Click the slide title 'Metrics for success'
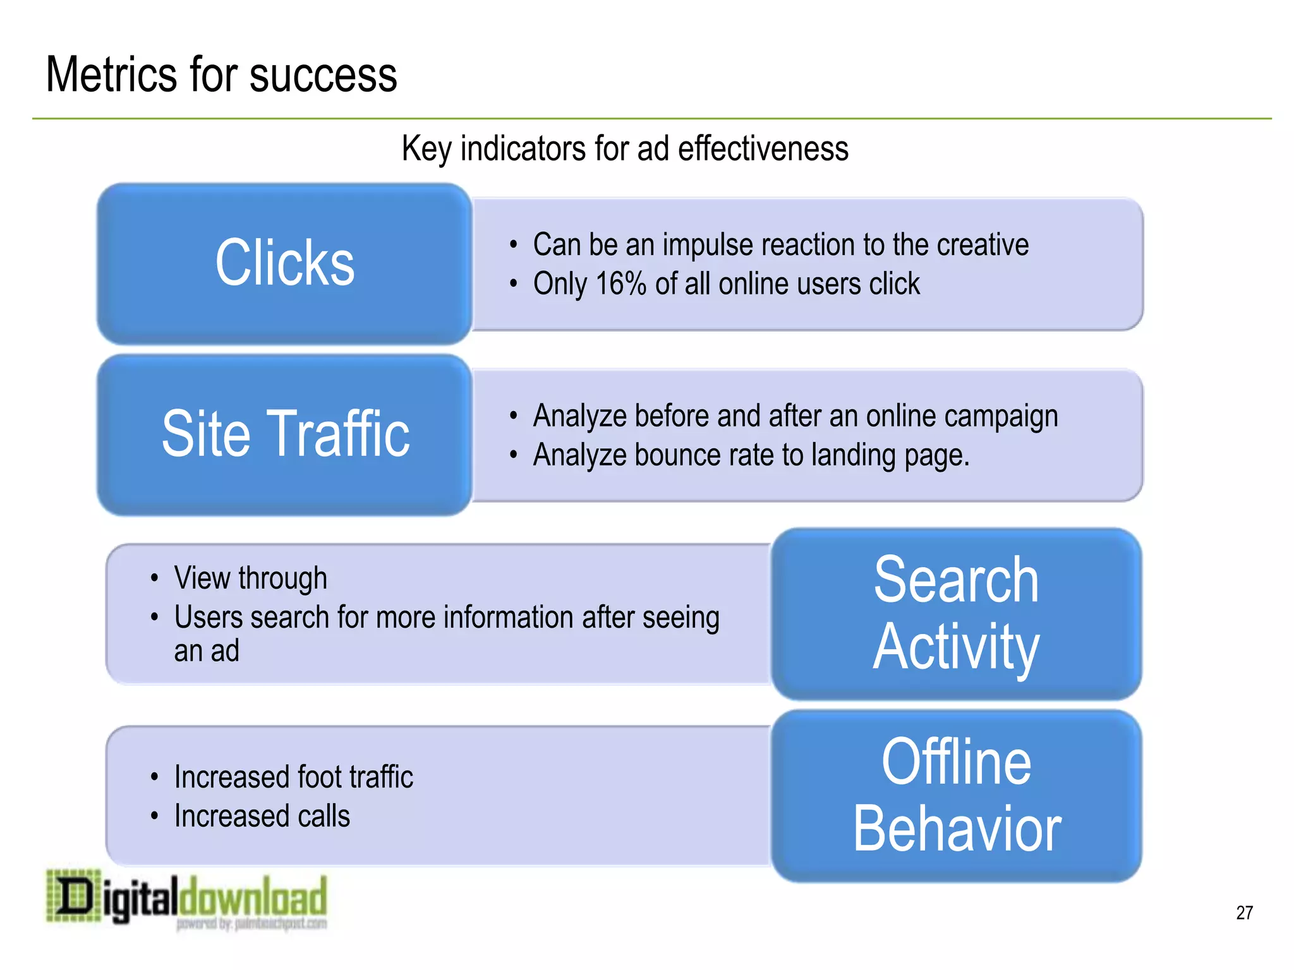tap(221, 75)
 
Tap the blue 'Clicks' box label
tap(284, 263)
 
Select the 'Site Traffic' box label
tap(286, 433)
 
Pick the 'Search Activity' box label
tap(956, 613)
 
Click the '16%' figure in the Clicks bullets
tap(620, 284)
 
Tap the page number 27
tap(1244, 913)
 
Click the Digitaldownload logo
tap(187, 898)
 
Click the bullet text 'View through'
tap(250, 578)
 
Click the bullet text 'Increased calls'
tap(262, 816)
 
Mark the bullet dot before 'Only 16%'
tap(514, 284)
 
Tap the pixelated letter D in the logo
tap(73, 895)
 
